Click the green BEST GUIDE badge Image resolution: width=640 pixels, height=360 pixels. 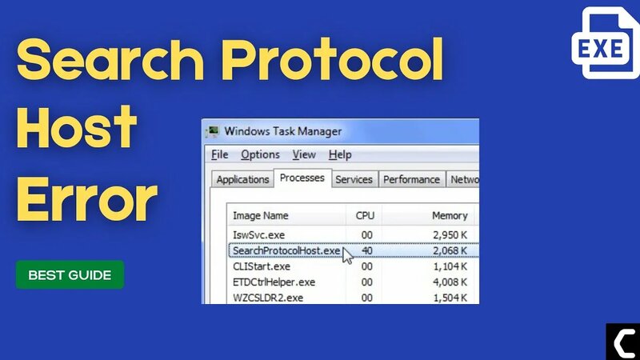tap(70, 274)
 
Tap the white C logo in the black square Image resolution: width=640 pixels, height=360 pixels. tap(622, 342)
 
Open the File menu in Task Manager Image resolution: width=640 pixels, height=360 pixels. tap(220, 154)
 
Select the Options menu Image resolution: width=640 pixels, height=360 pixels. tap(260, 154)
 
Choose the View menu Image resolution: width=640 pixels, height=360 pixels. tap(304, 154)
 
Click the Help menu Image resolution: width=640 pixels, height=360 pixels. tap(340, 154)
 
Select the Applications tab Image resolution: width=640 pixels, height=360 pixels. tap(242, 180)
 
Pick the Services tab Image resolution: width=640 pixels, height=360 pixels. tap(353, 180)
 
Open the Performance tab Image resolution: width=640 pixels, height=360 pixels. tap(411, 180)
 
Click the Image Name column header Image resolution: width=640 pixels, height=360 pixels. tap(261, 216)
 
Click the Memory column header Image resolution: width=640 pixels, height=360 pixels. tap(450, 216)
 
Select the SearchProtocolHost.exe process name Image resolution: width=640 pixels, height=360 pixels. tap(286, 250)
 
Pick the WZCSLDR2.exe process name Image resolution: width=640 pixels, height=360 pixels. tap(268, 298)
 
